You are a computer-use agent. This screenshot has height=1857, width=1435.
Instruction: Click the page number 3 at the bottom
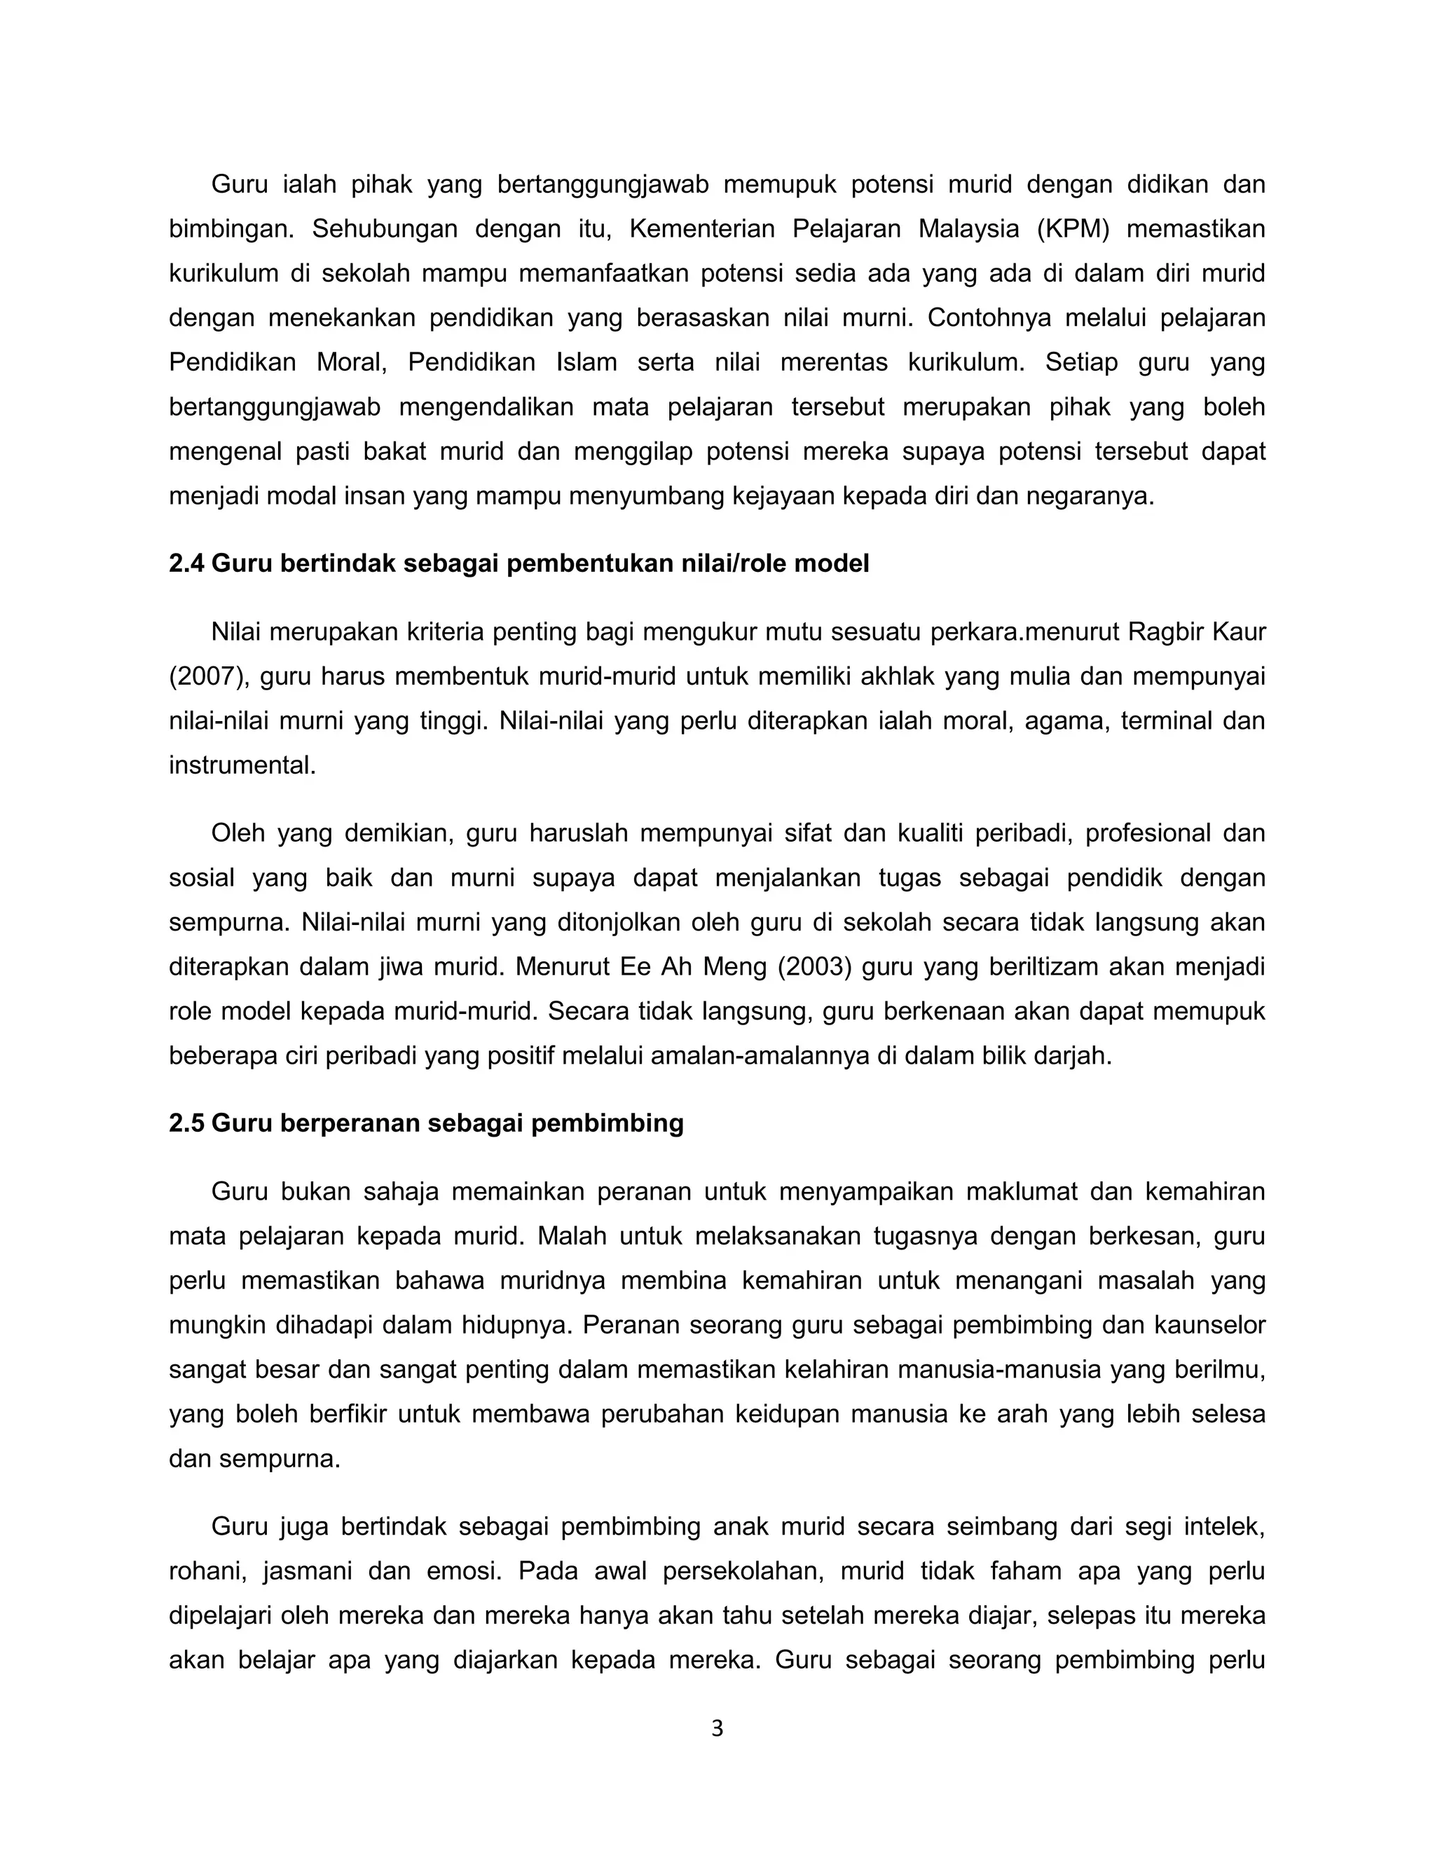click(717, 1729)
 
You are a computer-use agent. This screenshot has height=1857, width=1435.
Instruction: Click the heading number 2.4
click(186, 563)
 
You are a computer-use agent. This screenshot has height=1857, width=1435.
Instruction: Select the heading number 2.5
click(186, 1123)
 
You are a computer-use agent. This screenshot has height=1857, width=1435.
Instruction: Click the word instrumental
click(242, 765)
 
